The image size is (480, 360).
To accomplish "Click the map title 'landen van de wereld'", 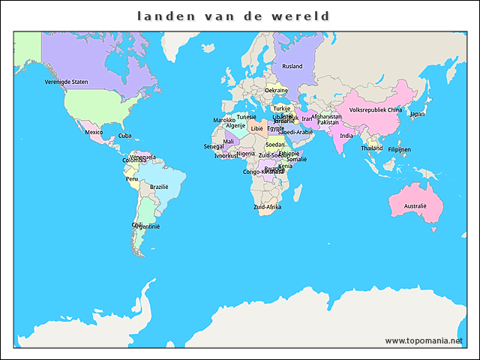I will (233, 16).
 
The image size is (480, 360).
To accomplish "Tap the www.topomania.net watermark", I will (423, 340).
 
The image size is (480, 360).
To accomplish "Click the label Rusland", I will (292, 66).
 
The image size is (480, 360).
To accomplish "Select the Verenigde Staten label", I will (66, 82).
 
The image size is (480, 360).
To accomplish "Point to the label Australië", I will (415, 205).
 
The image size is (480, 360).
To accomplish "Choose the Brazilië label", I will (159, 187).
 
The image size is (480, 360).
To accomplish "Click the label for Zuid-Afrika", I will (267, 206).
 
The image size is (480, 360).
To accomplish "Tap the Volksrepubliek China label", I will (376, 109).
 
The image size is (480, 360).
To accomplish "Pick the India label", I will (346, 136).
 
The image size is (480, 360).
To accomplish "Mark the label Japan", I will (417, 114).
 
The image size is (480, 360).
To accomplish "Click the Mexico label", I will (94, 132).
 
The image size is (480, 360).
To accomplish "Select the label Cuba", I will (125, 136).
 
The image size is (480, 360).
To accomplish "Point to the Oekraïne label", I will (276, 90).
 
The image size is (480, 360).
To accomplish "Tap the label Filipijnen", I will (399, 149).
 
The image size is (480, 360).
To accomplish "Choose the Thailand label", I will (371, 148).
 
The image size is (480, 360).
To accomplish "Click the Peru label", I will (132, 179).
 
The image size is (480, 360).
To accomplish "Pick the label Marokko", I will (224, 120).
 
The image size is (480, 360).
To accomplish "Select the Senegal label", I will (214, 146).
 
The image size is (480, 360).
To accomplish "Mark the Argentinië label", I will (146, 226).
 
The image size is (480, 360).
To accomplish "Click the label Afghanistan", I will (326, 116).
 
